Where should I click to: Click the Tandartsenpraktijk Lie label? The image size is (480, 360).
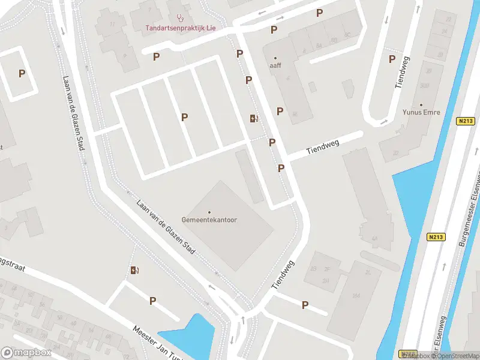(x=181, y=28)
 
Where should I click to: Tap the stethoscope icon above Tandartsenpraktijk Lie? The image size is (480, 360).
(x=181, y=17)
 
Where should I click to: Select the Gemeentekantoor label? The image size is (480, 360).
(x=209, y=220)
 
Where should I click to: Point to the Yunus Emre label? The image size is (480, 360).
(x=422, y=112)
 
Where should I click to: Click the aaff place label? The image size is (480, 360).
(x=275, y=66)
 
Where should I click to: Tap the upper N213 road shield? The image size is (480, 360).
(x=464, y=121)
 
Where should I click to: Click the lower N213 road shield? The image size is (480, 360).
(x=436, y=237)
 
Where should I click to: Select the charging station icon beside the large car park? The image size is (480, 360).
(x=254, y=118)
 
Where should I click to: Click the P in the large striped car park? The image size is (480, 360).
(x=184, y=118)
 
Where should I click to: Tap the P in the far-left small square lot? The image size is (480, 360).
(x=22, y=74)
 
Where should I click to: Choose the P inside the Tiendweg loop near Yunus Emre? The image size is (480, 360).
(x=392, y=59)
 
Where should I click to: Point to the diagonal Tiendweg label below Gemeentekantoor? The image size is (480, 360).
(x=284, y=275)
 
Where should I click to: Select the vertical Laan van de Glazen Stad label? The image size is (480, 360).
(x=72, y=112)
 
